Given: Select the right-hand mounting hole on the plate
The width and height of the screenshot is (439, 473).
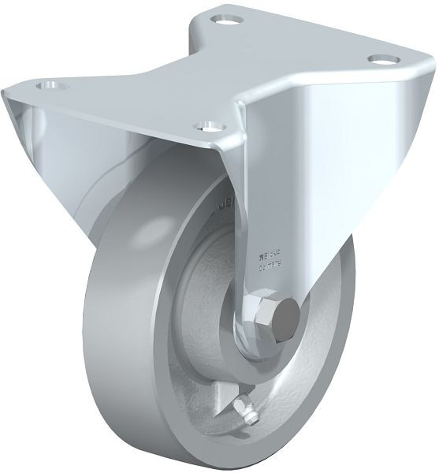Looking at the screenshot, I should pos(381,60).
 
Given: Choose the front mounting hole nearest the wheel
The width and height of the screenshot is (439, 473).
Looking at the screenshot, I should pos(208,125).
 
